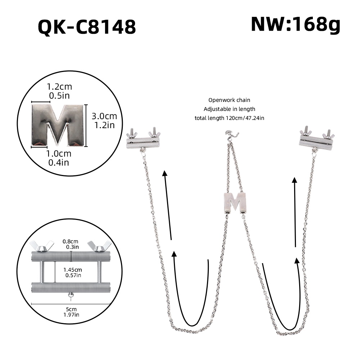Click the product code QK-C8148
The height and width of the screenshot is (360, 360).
[x=87, y=27]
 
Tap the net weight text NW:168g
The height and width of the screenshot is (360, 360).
[x=295, y=25]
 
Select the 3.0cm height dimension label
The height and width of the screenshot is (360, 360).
[x=104, y=116]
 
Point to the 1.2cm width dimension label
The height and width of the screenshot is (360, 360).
[x=59, y=87]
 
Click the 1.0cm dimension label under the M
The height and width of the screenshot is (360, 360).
[x=59, y=154]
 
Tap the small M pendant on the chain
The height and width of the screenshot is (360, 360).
[x=235, y=202]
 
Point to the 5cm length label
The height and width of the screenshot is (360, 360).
[x=71, y=309]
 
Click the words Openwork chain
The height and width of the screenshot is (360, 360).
[x=229, y=100]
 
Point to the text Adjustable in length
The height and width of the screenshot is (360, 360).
[x=229, y=109]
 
